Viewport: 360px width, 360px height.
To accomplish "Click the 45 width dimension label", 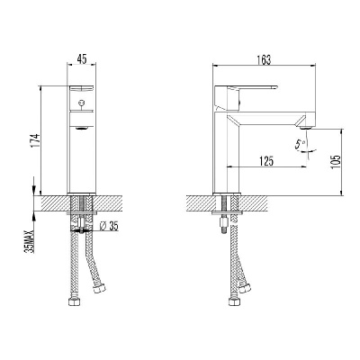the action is (x=82, y=59).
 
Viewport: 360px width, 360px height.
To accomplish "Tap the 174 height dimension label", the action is (x=35, y=140).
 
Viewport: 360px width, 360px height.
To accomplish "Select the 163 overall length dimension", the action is (x=264, y=59).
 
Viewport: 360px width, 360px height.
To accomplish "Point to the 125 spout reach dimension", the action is (x=266, y=161).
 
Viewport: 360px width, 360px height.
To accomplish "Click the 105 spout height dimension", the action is (x=337, y=161).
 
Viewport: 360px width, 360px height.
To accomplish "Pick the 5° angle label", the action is (x=301, y=145).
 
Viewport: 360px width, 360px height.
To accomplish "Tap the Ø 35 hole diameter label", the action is (x=109, y=226).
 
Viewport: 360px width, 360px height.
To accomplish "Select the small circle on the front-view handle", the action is (x=81, y=103).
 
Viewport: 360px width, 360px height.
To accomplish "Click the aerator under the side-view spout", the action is (x=306, y=127).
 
